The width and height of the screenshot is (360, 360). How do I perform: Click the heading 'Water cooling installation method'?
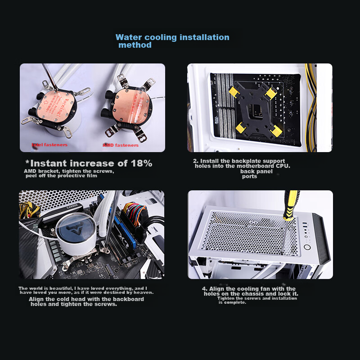click(172, 41)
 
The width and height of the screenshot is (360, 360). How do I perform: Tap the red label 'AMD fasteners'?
click(121, 145)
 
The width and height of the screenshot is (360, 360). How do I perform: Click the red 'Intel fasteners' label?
click(49, 145)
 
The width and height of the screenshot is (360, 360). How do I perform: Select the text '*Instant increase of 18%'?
click(89, 163)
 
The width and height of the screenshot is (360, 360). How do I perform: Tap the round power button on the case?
click(308, 247)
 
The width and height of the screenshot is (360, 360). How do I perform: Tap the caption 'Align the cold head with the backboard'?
click(85, 301)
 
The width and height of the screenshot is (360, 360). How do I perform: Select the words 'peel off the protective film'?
click(62, 176)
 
